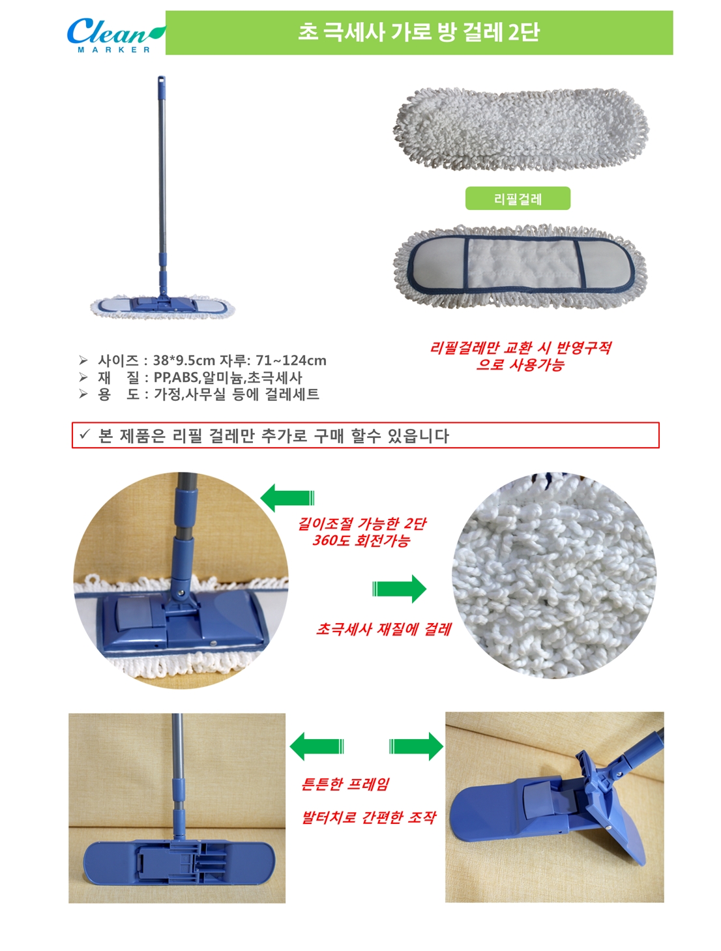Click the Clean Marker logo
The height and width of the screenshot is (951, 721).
pos(116,35)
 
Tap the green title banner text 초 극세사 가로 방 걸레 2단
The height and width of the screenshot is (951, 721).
pos(419,32)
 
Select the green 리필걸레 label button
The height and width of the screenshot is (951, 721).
pos(518,198)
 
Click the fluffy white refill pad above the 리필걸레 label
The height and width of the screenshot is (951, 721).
pos(522,128)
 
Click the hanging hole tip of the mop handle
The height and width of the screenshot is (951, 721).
pos(161,80)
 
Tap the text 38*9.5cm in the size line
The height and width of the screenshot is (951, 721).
pos(184,360)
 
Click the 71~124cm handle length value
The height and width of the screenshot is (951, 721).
pos(291,360)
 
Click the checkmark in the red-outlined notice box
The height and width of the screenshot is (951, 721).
pos(85,434)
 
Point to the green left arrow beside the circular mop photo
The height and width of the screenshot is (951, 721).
pos(287,498)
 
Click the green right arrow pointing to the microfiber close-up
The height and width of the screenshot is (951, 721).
pos(400,589)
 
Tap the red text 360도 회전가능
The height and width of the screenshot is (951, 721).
pos(361,541)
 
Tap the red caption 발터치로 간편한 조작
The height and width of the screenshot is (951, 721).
pos(369,817)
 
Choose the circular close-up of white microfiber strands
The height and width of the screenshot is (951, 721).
pos(553,575)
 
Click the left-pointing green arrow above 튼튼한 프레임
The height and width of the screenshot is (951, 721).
pos(317,746)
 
